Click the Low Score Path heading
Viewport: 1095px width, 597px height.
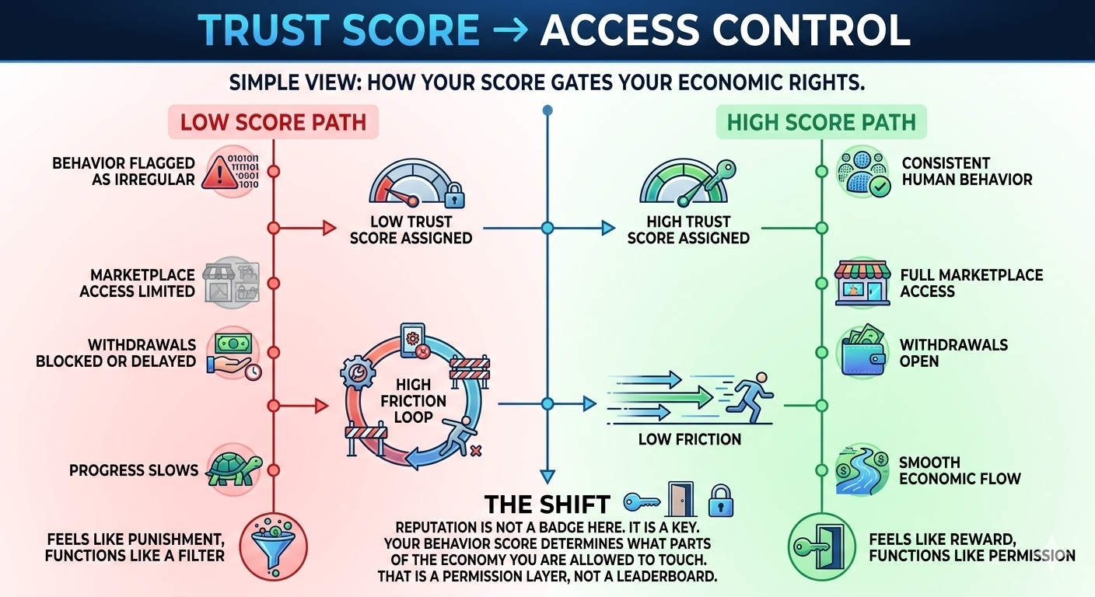pyautogui.click(x=274, y=123)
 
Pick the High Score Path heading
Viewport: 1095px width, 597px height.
pyautogui.click(x=821, y=123)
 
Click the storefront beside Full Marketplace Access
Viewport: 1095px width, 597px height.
pyautogui.click(x=862, y=283)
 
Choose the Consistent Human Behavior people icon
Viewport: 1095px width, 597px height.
pyautogui.click(x=862, y=173)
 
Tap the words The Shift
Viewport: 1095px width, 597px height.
pyautogui.click(x=547, y=504)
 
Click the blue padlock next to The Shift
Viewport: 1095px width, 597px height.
pyautogui.click(x=721, y=501)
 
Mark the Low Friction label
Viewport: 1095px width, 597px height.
pyautogui.click(x=689, y=439)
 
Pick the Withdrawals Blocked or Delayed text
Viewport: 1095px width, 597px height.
pyautogui.click(x=116, y=353)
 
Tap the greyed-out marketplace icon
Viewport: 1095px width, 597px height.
pyautogui.click(x=230, y=281)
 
